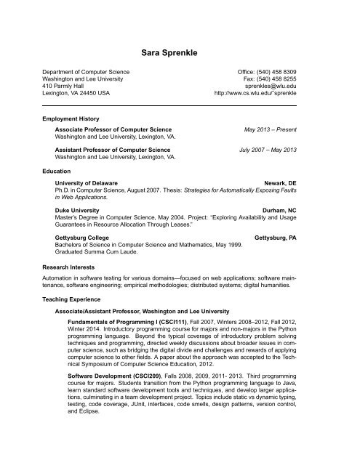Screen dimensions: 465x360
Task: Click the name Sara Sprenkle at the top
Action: point(180,53)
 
